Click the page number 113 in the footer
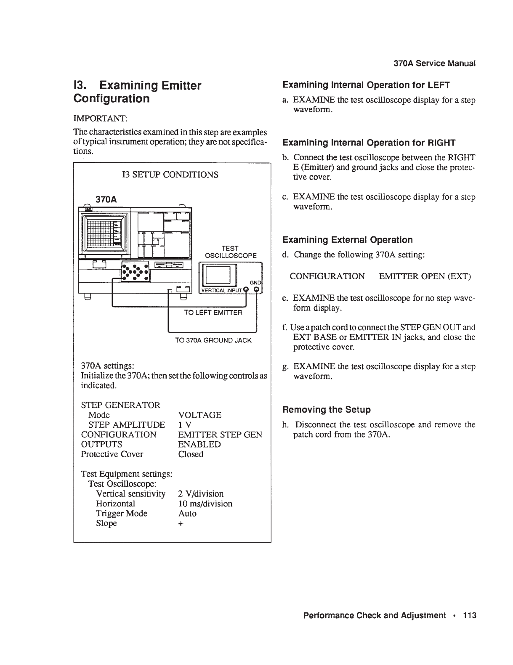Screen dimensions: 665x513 [x=469, y=615]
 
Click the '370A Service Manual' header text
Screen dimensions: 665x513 [x=434, y=64]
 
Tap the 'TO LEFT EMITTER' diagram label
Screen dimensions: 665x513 [x=213, y=313]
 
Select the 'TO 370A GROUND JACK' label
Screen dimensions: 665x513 [x=213, y=340]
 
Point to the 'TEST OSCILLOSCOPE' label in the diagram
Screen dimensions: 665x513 [x=230, y=252]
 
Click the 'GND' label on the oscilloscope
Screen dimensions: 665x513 [x=255, y=283]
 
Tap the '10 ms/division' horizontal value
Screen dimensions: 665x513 [x=205, y=503]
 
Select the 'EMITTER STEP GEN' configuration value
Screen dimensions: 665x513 [x=220, y=435]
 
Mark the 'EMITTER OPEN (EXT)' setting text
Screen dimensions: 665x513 [x=425, y=276]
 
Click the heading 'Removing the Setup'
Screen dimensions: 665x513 [x=327, y=410]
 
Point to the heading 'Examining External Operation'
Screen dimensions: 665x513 [x=348, y=240]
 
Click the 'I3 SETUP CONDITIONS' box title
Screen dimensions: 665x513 [x=170, y=175]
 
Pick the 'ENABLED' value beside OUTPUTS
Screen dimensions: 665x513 [x=199, y=444]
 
